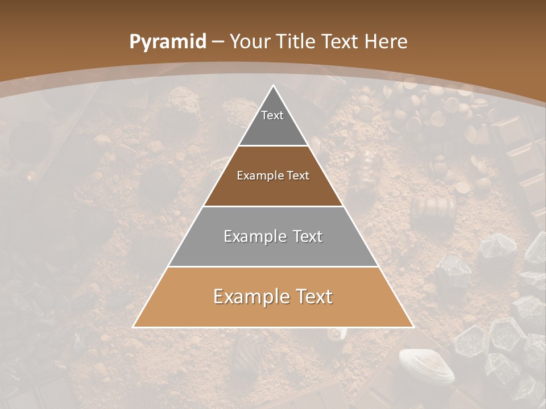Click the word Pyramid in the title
pos(167,42)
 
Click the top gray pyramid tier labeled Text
pos(273,122)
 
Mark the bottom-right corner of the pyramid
pos(413,327)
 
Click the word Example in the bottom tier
pos(247,297)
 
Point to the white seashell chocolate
pos(427,366)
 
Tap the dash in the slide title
pos(217,42)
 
